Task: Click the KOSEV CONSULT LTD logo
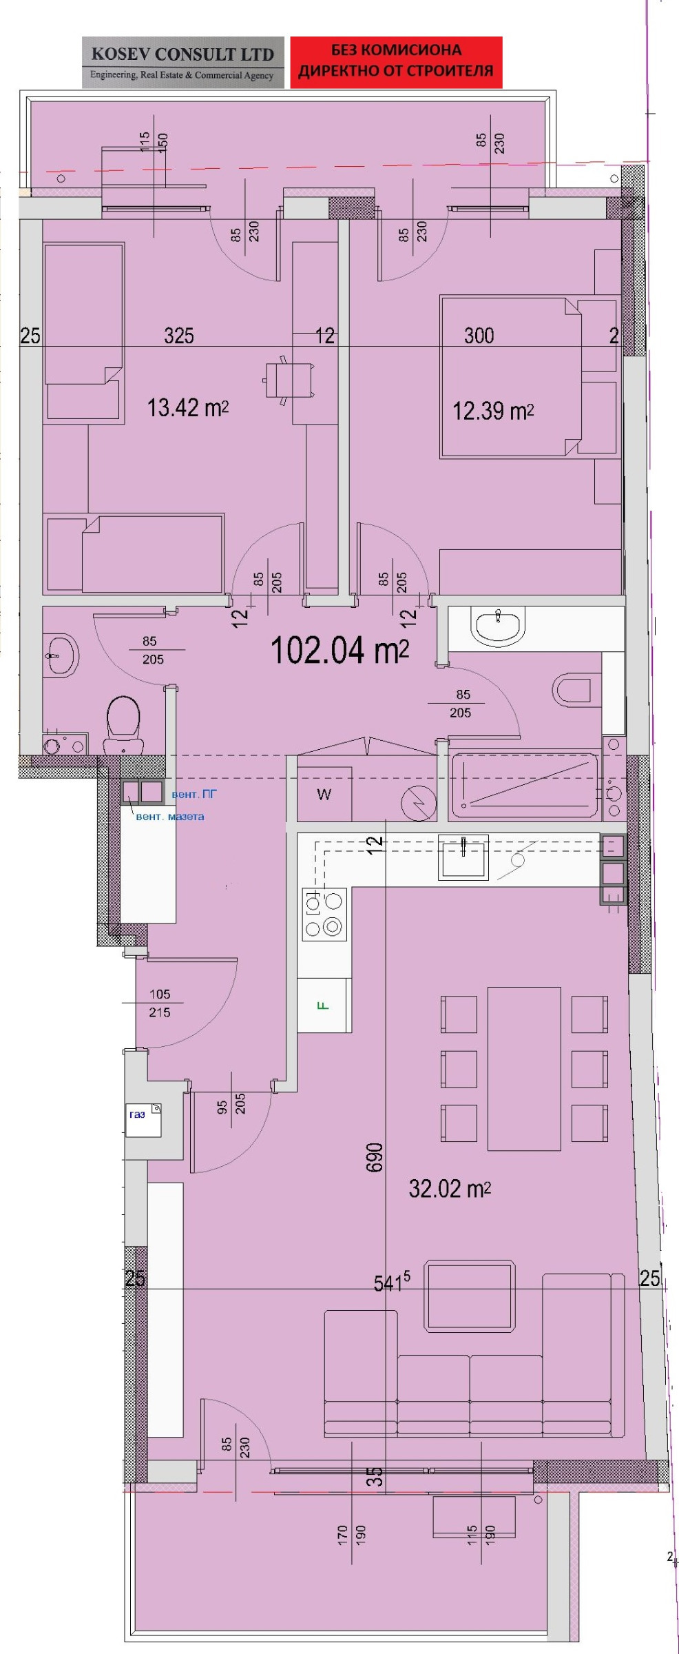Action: (182, 62)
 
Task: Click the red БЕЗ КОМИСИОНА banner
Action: (396, 62)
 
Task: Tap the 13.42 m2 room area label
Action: (187, 408)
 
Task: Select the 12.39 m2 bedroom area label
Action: (492, 411)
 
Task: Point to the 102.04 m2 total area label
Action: (339, 651)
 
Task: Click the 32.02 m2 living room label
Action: (450, 1188)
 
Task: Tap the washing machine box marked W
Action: (324, 795)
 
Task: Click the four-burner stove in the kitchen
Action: (324, 915)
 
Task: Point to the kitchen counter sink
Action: (463, 857)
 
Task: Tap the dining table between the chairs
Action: (524, 1068)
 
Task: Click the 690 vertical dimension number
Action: (375, 1158)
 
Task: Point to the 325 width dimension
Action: (179, 336)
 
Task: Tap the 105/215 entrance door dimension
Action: (160, 1003)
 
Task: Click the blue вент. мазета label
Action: (169, 817)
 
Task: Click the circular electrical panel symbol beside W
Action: (419, 803)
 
